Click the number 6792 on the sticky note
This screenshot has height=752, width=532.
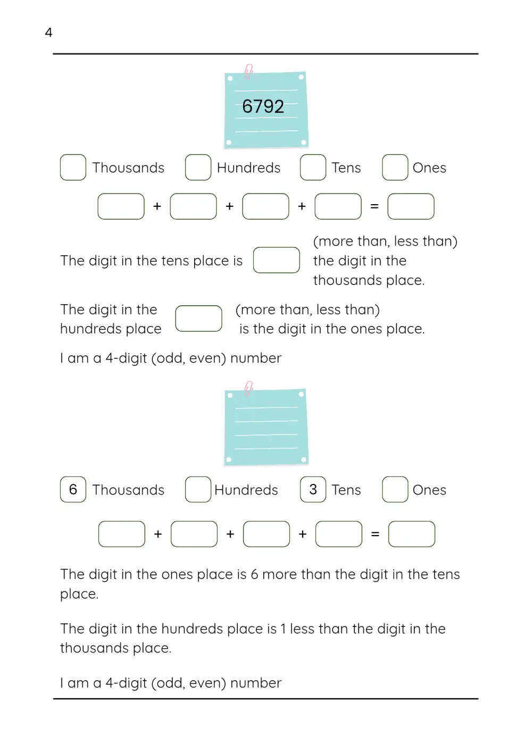point(263,106)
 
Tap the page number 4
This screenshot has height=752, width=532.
point(48,32)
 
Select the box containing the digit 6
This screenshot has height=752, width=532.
point(73,489)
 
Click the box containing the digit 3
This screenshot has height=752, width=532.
point(313,489)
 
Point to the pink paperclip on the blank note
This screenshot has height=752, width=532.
point(248,389)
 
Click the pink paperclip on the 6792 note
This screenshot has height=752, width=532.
point(248,71)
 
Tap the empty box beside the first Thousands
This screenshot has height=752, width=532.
point(73,167)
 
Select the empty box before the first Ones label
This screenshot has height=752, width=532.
point(395,167)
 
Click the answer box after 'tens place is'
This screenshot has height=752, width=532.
point(277,260)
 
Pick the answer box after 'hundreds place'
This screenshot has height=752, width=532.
point(198,319)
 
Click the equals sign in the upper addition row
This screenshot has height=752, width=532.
point(375,206)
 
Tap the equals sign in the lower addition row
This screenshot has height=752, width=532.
point(375,534)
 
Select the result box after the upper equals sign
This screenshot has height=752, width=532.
point(411,206)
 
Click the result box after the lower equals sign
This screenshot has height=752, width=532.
point(411,534)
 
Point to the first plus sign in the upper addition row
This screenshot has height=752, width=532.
point(157,206)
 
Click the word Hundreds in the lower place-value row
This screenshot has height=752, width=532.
point(246,490)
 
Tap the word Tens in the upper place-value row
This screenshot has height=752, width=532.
point(346,168)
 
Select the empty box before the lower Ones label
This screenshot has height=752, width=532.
point(395,489)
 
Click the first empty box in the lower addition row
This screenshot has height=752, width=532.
point(122,534)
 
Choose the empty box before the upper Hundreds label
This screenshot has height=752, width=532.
point(198,167)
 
